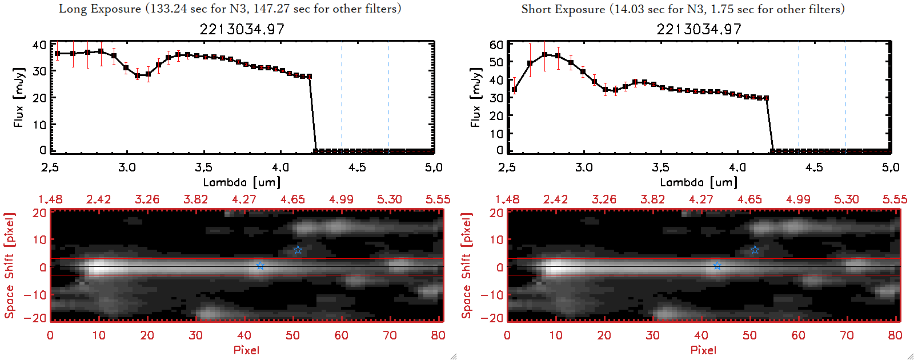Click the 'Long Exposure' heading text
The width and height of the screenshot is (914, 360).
tap(100, 9)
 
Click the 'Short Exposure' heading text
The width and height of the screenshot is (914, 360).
tap(563, 9)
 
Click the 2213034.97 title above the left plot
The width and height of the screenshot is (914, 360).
tap(242, 29)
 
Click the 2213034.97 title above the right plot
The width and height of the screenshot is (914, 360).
tap(699, 29)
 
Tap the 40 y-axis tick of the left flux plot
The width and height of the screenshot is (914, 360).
tap(39, 45)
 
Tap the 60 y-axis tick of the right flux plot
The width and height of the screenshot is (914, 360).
tap(496, 45)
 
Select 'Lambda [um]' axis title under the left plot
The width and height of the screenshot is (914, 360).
tap(242, 182)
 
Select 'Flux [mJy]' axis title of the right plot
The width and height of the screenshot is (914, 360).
tap(476, 97)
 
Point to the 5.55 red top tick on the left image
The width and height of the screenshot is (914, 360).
tap(438, 199)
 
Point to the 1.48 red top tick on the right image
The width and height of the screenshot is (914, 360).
tap(507, 199)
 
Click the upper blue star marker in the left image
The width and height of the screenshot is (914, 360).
tap(298, 250)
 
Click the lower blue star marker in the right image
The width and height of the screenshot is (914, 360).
tap(717, 266)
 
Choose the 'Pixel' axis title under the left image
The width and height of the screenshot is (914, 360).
tap(246, 350)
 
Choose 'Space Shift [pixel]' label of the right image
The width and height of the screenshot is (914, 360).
tap(467, 266)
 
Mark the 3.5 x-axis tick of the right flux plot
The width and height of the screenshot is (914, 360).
tap(660, 167)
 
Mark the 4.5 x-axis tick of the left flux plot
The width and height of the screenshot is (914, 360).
tap(357, 167)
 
